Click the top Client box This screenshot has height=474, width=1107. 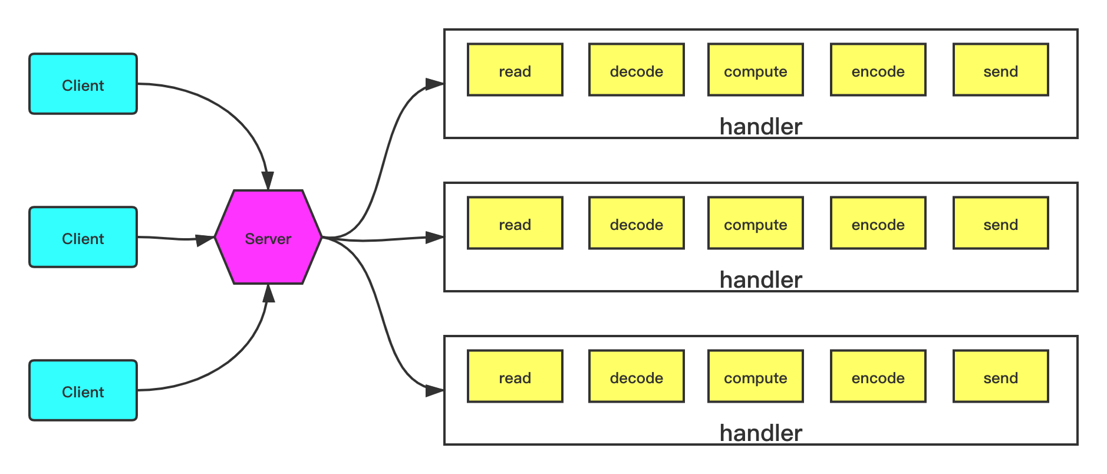click(x=83, y=84)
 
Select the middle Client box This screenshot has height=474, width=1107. click(x=83, y=238)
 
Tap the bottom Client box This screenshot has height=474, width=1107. click(x=83, y=391)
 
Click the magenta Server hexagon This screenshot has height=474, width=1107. click(x=268, y=238)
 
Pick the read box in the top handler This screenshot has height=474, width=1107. click(x=515, y=70)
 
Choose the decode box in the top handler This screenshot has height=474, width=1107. click(x=637, y=70)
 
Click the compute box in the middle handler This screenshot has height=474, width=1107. click(x=756, y=223)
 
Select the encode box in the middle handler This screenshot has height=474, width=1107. click(x=878, y=223)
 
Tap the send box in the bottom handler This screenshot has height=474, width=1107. click(x=1001, y=377)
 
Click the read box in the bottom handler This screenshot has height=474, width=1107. click(x=515, y=377)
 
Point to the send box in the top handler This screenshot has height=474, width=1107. click(x=1001, y=70)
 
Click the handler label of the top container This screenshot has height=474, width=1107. click(x=761, y=127)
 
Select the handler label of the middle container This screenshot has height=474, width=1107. click(x=761, y=280)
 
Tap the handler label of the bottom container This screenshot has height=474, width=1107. click(x=761, y=433)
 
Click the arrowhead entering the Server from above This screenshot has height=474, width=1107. click(x=268, y=181)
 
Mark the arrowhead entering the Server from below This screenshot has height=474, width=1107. click(x=268, y=293)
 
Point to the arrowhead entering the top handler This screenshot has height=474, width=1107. click(x=435, y=84)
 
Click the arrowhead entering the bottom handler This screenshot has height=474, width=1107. click(x=435, y=391)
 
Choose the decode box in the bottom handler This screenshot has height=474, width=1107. click(x=637, y=377)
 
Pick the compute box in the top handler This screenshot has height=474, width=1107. click(x=756, y=70)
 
